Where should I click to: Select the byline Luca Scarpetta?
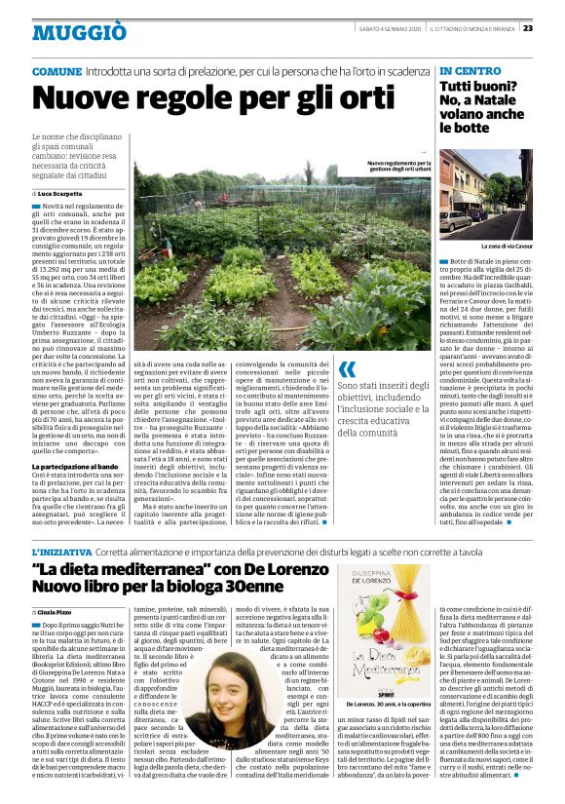click(62, 194)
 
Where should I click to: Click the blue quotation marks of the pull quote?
click(347, 370)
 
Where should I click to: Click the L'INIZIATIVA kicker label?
click(64, 551)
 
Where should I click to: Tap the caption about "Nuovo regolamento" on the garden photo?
click(398, 168)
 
